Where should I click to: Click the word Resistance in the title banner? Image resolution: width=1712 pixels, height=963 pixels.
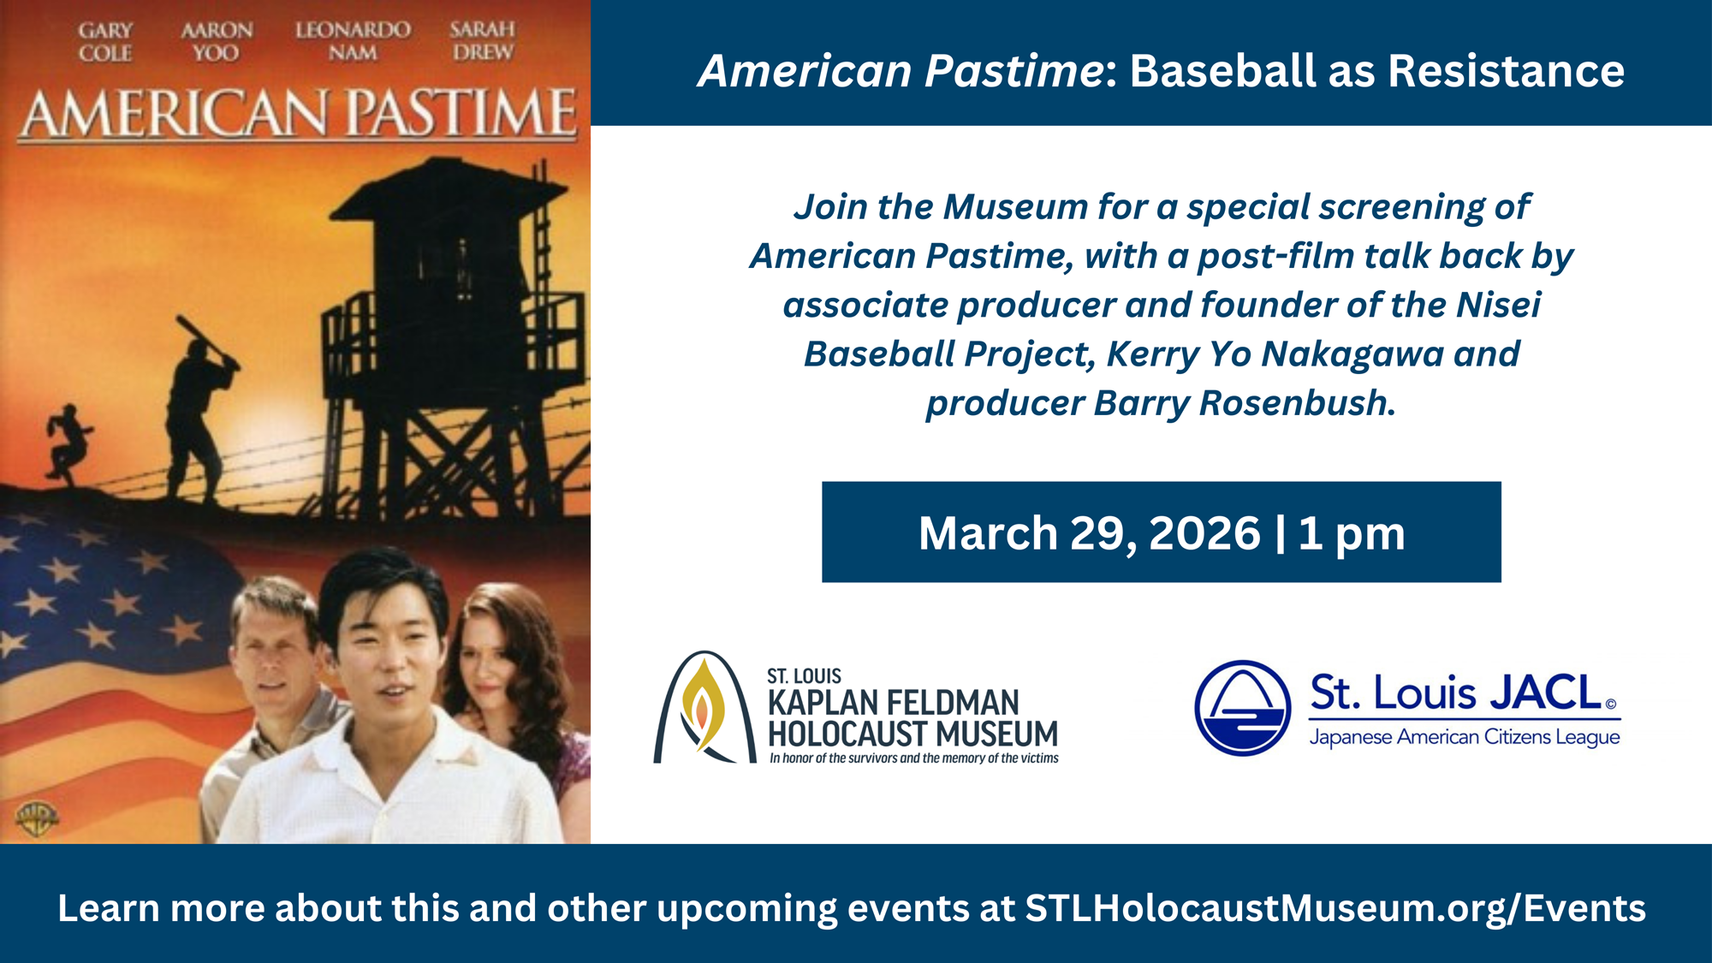tap(1506, 70)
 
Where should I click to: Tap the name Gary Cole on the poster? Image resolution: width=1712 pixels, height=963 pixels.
tap(105, 42)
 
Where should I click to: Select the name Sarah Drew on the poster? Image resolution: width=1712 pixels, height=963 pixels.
tap(483, 41)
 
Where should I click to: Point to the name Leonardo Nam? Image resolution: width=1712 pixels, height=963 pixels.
tap(353, 42)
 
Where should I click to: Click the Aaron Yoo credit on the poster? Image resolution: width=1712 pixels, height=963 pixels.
tap(217, 42)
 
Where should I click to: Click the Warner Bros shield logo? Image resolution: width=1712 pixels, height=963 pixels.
tap(37, 819)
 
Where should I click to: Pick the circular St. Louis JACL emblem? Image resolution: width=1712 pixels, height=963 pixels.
tap(1242, 708)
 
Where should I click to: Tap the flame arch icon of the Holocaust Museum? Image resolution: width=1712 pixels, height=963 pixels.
tap(704, 707)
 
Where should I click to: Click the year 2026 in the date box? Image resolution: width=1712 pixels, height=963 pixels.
tap(1204, 533)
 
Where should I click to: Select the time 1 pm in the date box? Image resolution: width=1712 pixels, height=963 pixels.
tap(1352, 534)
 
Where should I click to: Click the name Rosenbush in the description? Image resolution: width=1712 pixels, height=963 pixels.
tap(1298, 403)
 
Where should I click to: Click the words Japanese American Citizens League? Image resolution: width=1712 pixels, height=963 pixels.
tap(1465, 737)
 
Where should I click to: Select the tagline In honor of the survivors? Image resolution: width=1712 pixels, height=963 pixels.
tap(914, 758)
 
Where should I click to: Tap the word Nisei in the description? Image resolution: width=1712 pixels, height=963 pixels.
tap(1499, 305)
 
